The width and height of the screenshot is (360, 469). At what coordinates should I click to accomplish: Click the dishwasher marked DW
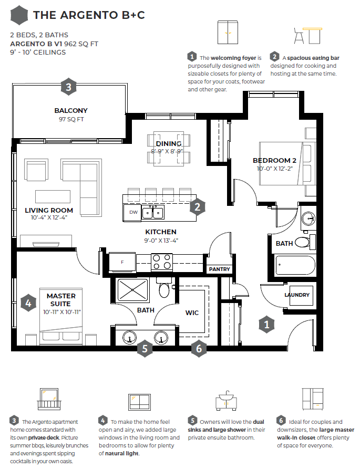pos(132,212)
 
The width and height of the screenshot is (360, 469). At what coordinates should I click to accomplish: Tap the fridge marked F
pos(122,262)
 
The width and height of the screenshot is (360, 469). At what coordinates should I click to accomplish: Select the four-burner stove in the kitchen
pos(161,262)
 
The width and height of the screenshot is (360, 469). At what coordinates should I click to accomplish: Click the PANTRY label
pos(219,269)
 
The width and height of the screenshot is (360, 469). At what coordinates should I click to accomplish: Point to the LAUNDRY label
pos(297,295)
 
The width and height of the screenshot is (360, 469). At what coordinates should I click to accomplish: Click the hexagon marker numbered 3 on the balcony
pos(68,87)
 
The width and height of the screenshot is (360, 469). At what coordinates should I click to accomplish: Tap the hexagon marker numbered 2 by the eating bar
pos(198,207)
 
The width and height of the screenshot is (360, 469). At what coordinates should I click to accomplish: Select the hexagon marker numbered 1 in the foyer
pos(266,324)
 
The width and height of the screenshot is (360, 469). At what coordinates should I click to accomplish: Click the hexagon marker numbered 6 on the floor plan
pos(199,348)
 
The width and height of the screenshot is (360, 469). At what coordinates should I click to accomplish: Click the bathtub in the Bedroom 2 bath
pos(295,265)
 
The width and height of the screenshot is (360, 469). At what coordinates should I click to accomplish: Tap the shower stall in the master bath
pos(132,289)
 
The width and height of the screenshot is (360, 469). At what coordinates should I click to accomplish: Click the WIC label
pos(192,313)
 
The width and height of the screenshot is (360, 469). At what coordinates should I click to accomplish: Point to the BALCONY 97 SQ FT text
pos(71,115)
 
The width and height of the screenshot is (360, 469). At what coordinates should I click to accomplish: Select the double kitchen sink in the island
pos(152,213)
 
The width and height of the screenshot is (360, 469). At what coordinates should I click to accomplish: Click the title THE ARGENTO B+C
pos(89,15)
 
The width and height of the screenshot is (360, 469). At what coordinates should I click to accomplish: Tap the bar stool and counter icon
pos(308,36)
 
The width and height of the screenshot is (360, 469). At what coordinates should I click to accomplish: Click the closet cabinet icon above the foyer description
pos(228,33)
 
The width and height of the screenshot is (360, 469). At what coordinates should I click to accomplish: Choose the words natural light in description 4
pos(122,453)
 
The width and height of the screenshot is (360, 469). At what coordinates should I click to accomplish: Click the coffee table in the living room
pos(53,196)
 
